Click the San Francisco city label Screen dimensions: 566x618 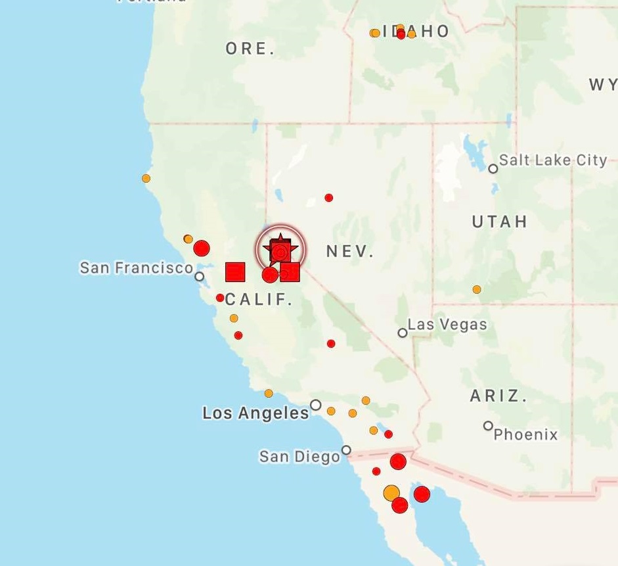137,268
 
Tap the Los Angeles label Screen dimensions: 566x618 255,413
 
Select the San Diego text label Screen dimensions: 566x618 299,456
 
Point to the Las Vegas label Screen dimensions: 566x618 447,324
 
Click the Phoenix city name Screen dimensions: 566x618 525,435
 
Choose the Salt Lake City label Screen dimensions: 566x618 553,160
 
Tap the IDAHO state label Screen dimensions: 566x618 415,32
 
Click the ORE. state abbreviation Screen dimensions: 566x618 250,49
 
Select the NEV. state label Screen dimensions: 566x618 349,251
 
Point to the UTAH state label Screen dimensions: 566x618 500,222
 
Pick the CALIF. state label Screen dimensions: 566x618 259,300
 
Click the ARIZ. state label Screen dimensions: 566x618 498,396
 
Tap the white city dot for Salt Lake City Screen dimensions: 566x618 493,169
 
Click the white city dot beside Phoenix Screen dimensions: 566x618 488,426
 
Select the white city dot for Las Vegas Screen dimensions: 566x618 403,333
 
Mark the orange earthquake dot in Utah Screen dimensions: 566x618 477,289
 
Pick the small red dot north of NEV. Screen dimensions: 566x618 329,198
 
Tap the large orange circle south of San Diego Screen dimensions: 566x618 391,492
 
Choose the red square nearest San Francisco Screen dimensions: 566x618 235,271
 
